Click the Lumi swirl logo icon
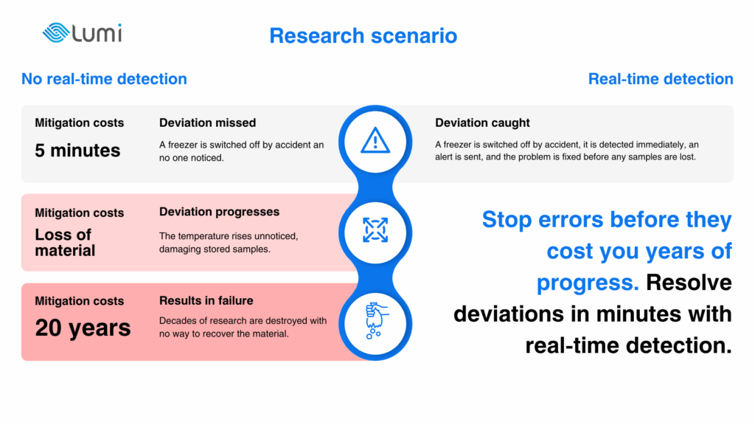56,32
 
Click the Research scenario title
363,35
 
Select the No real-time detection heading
104,78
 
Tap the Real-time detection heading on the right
661,78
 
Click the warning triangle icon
375,141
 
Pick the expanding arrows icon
375,230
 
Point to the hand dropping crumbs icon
376,320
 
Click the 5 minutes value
77,151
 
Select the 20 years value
83,328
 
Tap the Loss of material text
65,242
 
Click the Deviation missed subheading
207,123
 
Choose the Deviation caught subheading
482,123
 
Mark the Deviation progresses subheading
219,212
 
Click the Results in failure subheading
206,301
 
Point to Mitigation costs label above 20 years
80,301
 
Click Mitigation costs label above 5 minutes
80,123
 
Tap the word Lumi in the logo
97,32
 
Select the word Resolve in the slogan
689,283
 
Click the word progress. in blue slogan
588,283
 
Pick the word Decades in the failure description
175,321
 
